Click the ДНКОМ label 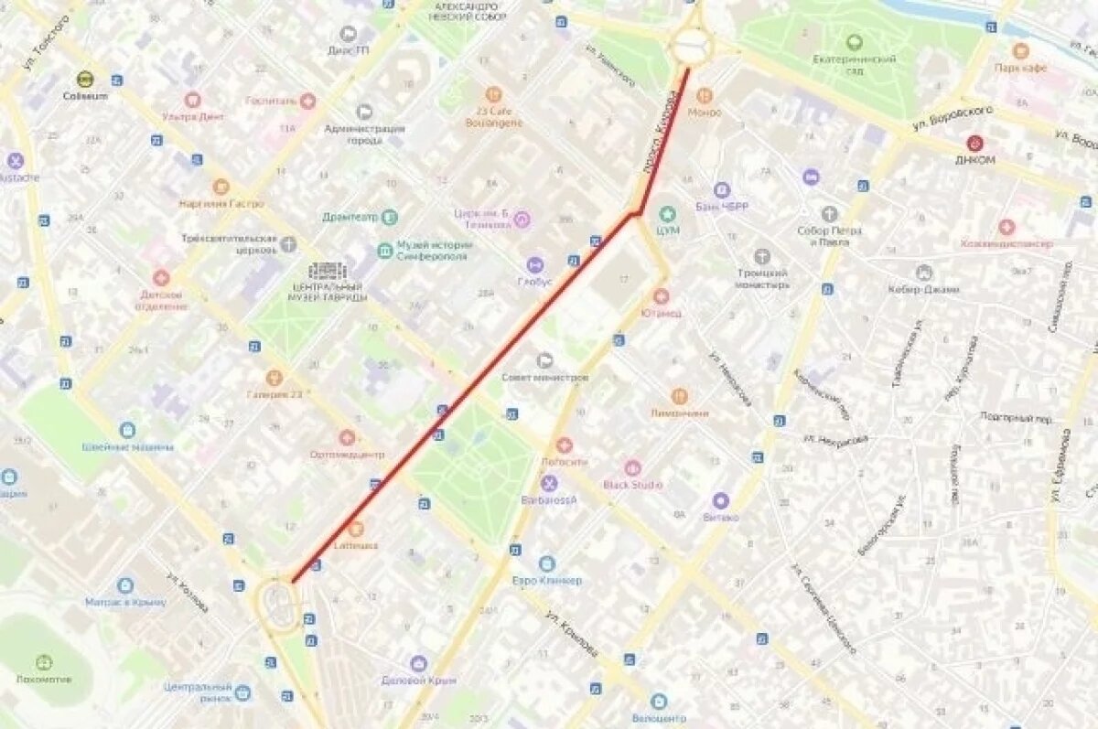(x=974, y=159)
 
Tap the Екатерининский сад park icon (x=854, y=42)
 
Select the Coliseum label (x=85, y=95)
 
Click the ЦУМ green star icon (x=668, y=214)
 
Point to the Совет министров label (x=544, y=377)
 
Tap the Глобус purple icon (x=534, y=265)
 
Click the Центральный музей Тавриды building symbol (x=327, y=271)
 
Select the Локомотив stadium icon (x=44, y=662)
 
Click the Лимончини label (x=679, y=413)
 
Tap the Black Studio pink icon (x=632, y=468)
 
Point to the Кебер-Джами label (x=923, y=289)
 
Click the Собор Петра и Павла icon (x=829, y=214)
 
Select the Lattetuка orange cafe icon (x=356, y=529)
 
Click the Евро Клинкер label (x=547, y=580)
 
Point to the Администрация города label (x=364, y=134)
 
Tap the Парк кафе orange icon (x=1020, y=51)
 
